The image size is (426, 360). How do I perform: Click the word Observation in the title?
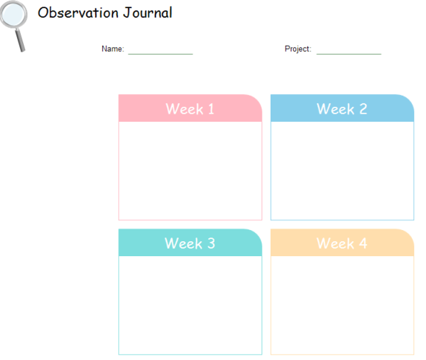pos(78,13)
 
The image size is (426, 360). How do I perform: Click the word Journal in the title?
pos(147,13)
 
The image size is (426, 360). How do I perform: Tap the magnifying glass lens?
pos(13,14)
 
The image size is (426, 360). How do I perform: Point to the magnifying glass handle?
pos(20,40)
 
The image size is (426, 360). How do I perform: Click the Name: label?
pos(113,49)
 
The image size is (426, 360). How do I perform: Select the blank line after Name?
pos(160,54)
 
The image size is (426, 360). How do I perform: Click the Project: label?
pos(297,49)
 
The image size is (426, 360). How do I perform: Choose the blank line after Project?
pos(349,54)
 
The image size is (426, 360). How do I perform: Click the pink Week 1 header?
pos(190,108)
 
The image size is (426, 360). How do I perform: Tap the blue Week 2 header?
pos(342,108)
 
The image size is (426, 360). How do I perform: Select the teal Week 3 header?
pos(190,243)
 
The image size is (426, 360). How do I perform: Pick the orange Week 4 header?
pos(342,243)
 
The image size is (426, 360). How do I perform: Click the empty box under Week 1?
pos(190,171)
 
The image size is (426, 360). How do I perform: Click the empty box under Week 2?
pos(342,171)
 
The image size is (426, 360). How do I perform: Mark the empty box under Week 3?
pos(190,305)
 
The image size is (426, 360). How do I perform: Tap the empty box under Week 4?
pos(342,305)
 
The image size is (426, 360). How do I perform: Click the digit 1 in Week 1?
pos(211,109)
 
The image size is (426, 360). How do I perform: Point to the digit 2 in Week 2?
pos(363,109)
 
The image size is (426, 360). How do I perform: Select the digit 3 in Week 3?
pos(211,243)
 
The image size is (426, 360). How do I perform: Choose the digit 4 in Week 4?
pos(363,243)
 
